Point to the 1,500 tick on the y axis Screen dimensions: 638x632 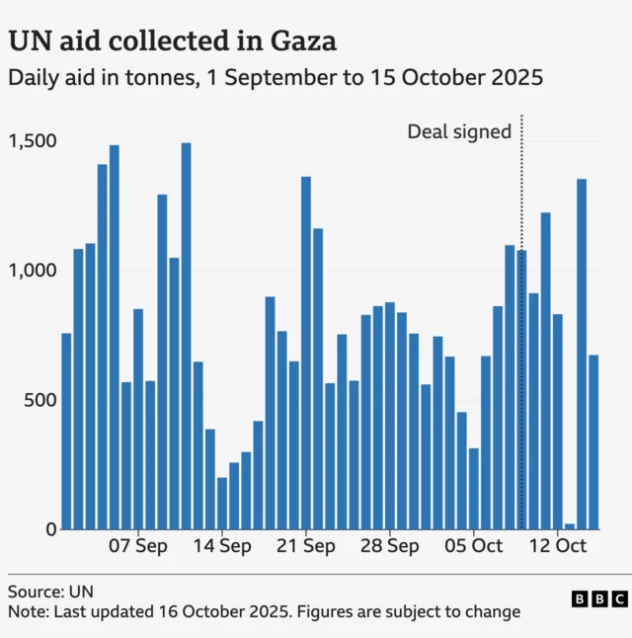(x=33, y=140)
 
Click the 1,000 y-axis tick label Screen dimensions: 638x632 (x=33, y=270)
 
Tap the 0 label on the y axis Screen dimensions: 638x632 (x=50, y=529)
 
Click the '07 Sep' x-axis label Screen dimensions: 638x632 (x=138, y=545)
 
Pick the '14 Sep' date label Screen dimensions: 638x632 (x=222, y=545)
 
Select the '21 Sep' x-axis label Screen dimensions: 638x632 (x=306, y=545)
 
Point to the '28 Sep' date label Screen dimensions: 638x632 (x=390, y=545)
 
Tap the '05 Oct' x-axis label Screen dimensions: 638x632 (x=474, y=545)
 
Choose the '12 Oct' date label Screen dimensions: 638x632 (x=558, y=545)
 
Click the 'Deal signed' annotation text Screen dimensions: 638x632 (x=459, y=131)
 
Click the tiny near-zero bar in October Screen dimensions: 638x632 (x=570, y=526)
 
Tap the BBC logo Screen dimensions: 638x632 (x=598, y=598)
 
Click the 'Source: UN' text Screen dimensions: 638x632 (x=50, y=592)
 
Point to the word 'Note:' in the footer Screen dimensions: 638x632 (x=30, y=611)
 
